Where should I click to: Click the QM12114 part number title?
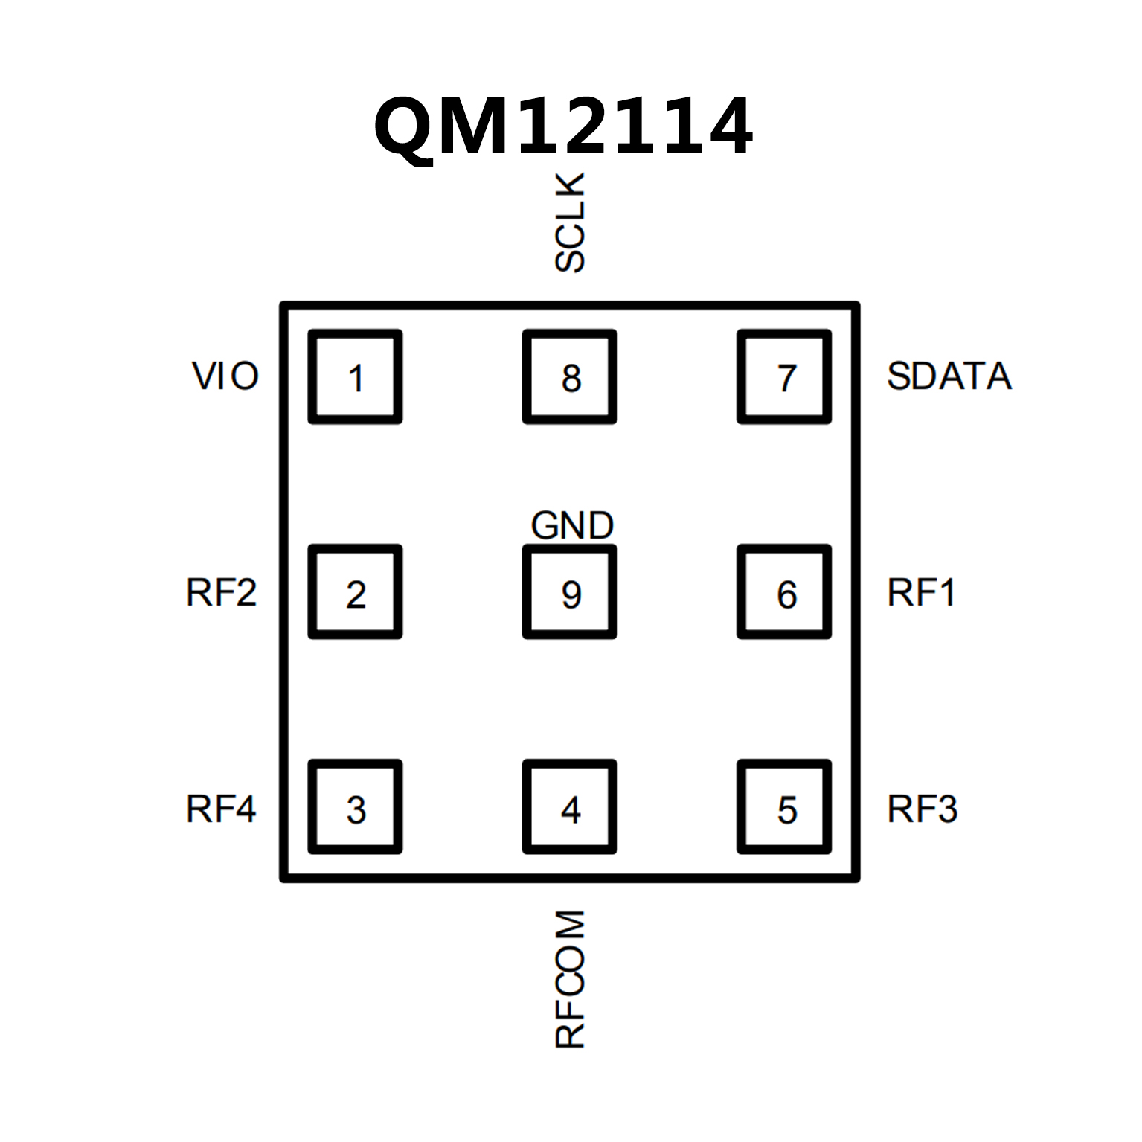[563, 126]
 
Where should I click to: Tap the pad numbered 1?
[356, 376]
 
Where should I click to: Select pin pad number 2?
[356, 591]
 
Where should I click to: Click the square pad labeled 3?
[356, 806]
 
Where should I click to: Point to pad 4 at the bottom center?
[570, 806]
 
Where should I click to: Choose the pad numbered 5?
[784, 806]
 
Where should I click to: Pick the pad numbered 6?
[784, 591]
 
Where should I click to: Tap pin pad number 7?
[784, 376]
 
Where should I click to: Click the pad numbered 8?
[570, 376]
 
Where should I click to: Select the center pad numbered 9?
[570, 591]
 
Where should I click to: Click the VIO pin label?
[225, 376]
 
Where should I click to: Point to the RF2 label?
[221, 592]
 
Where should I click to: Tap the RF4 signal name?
[221, 809]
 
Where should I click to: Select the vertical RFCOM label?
[571, 978]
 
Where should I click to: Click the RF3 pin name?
[923, 809]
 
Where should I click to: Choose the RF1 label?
[921, 592]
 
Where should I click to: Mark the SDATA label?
[949, 376]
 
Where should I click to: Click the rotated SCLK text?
[571, 222]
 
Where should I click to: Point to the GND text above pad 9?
[572, 525]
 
